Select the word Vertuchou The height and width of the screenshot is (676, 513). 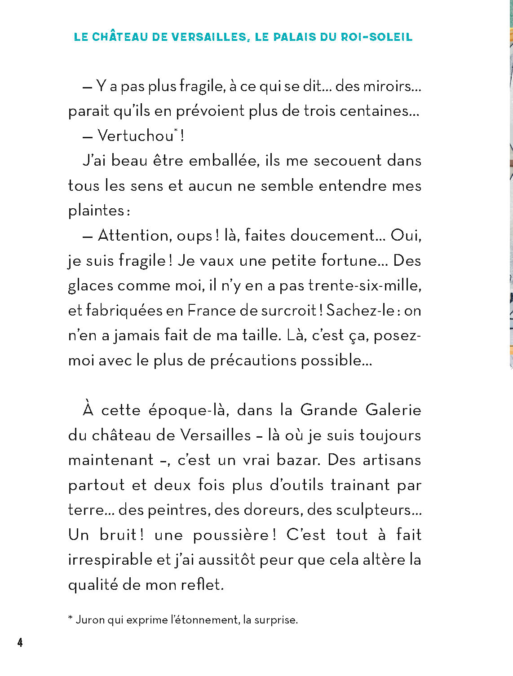click(135, 136)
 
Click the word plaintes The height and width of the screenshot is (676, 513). click(96, 211)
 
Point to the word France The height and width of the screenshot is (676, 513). click(211, 311)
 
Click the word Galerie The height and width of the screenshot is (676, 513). click(393, 410)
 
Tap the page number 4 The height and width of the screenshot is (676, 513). click(20, 642)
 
